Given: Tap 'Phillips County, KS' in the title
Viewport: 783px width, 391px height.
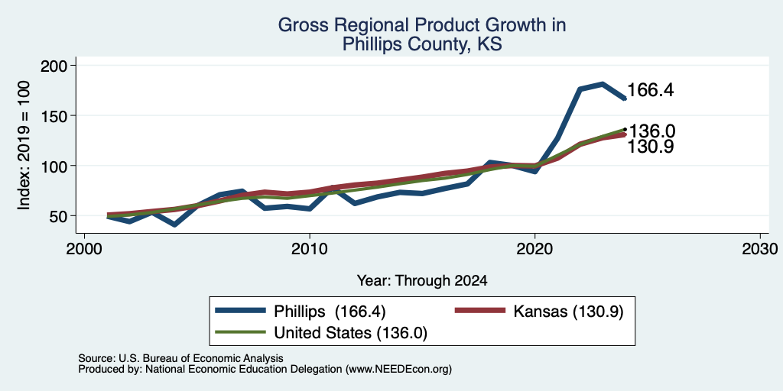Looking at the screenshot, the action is tap(422, 45).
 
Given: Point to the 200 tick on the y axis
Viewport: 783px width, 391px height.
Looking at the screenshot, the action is tap(54, 66).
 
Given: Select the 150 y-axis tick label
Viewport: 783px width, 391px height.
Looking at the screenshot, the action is tap(54, 116).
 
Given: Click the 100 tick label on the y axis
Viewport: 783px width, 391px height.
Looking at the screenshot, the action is tap(54, 166).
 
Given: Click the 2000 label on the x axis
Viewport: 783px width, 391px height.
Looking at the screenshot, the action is tap(84, 248).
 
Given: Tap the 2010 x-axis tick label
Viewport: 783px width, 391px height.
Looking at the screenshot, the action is tap(310, 248).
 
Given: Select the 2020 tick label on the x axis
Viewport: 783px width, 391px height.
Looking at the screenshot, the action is tap(534, 248).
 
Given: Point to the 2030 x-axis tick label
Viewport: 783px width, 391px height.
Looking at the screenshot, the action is tap(759, 248).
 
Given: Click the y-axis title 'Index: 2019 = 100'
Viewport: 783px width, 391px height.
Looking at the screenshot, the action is tap(24, 145).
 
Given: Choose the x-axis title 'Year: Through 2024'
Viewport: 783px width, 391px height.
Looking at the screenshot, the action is tap(422, 281).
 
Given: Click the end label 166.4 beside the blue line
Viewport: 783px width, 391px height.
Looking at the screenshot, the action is tap(650, 90).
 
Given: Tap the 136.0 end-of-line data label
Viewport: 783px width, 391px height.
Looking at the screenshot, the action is tap(651, 131).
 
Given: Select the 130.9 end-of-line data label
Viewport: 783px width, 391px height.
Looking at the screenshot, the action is tap(650, 147).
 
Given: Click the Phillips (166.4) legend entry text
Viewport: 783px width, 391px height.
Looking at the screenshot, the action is tap(330, 312).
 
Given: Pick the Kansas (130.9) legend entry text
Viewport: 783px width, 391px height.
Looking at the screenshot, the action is tap(568, 312).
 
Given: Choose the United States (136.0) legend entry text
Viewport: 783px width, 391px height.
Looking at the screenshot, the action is tap(350, 333).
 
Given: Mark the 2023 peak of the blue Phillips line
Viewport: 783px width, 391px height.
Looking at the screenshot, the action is tap(603, 84).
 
